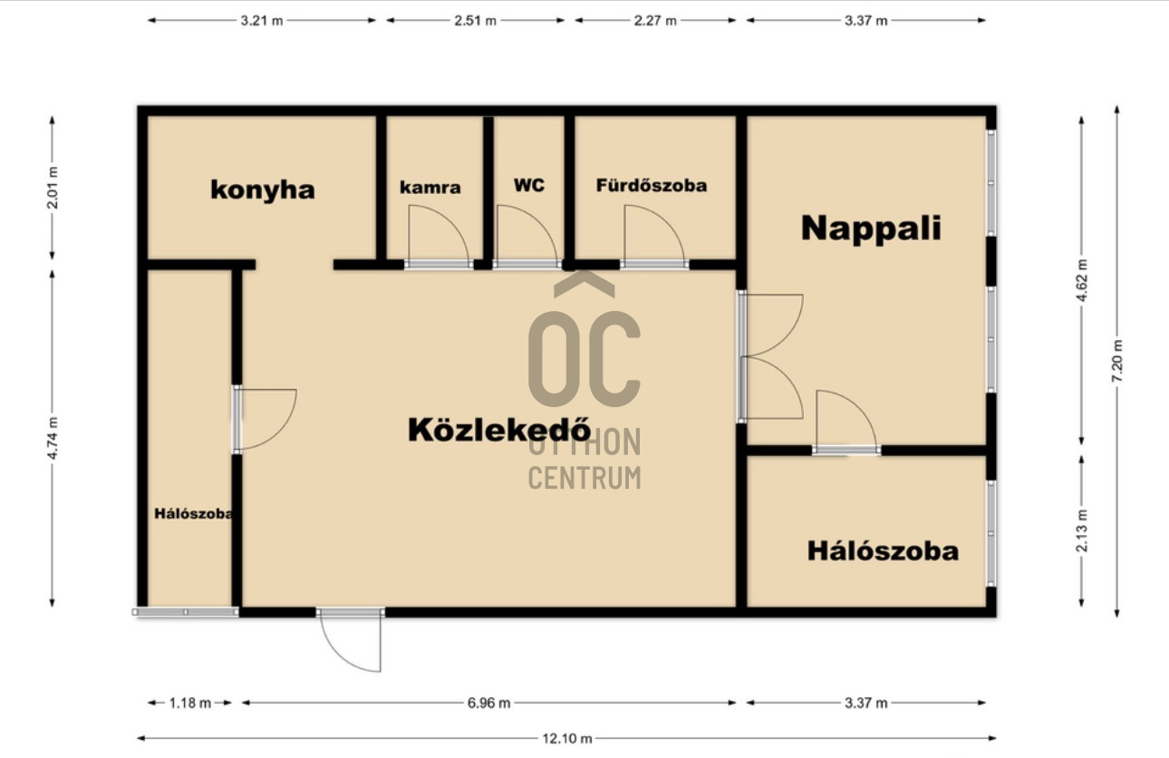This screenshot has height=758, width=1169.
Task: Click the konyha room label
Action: coord(263,190)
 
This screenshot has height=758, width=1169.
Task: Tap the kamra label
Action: coord(430,188)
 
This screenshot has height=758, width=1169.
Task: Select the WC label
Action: coord(528,185)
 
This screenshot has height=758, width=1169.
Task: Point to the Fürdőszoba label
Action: coord(652,185)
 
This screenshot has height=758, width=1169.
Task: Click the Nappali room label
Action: coord(871,228)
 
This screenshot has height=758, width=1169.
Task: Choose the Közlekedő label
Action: coord(499,430)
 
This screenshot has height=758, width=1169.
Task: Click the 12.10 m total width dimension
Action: coord(566,739)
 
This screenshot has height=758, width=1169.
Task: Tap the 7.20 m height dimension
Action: coord(1117,361)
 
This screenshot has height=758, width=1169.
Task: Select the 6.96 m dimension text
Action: coord(488,704)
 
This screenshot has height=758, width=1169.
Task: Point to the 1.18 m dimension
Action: coord(190,704)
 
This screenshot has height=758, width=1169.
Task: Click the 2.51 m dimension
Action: coord(475,21)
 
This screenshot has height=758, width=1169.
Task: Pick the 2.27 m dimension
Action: coord(655,21)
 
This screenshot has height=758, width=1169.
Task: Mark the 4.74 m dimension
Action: coord(53,439)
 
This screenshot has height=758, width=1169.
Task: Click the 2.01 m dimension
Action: coord(53,188)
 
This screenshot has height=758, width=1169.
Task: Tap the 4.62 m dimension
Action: coord(1082,280)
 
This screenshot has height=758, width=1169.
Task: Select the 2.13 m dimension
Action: coord(1082,530)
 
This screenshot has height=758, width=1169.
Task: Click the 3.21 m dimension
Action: coord(262,21)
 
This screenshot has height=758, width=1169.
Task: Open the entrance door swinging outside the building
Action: coord(350,641)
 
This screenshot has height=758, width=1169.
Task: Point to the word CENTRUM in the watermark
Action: coord(584,478)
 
